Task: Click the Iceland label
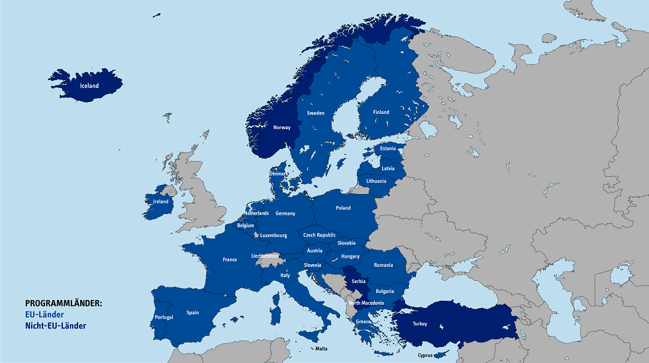89,86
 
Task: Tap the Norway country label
282,128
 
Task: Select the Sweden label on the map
316,113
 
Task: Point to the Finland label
381,113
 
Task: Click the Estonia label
388,148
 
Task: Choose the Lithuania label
376,181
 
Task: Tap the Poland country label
343,208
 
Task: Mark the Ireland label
161,201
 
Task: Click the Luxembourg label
274,235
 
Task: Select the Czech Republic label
320,235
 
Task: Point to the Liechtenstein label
265,256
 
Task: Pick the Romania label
383,265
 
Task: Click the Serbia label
359,282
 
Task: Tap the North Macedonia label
366,303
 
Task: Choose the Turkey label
420,324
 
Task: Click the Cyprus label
426,355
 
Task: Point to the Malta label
321,348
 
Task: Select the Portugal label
164,317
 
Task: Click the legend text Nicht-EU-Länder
56,326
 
